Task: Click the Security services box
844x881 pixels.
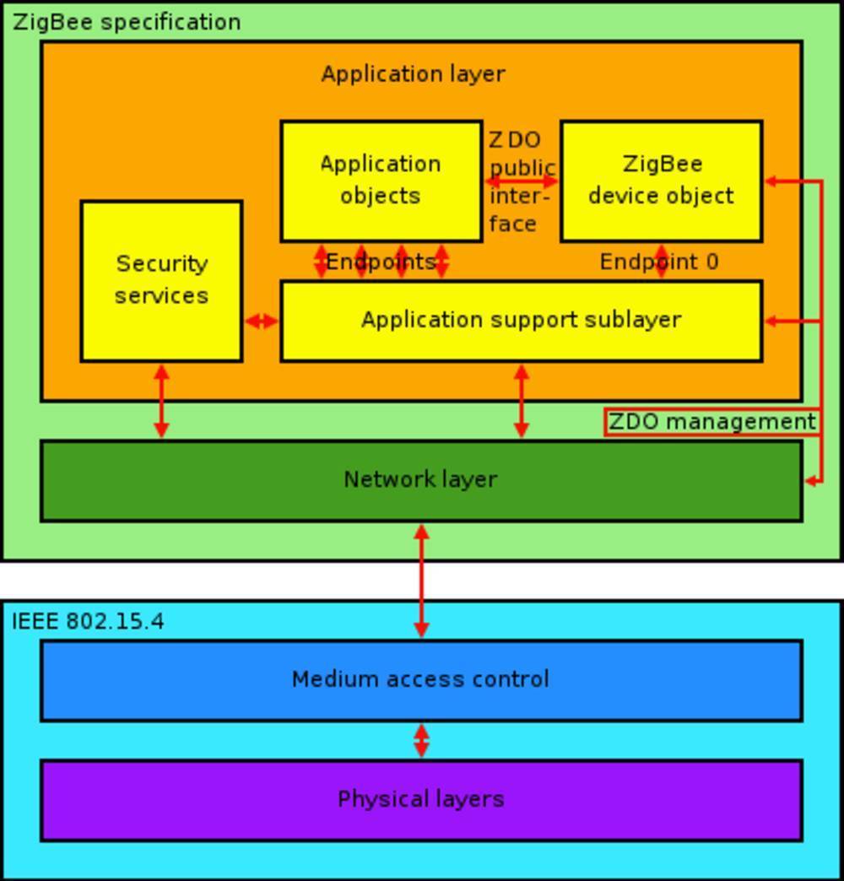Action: point(161,280)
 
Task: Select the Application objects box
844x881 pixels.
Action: point(381,181)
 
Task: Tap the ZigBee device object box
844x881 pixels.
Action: point(661,181)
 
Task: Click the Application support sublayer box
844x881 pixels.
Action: point(521,321)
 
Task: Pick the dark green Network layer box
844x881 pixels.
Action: point(420,480)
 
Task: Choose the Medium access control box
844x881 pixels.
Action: point(420,680)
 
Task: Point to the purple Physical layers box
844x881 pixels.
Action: point(420,800)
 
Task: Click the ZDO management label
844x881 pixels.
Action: point(711,422)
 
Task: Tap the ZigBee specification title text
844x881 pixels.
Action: point(127,22)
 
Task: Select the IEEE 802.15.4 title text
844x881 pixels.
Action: point(88,622)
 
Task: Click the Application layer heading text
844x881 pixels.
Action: point(413,74)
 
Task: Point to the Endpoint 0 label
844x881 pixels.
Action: point(659,262)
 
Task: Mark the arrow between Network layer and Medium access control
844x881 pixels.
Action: point(421,581)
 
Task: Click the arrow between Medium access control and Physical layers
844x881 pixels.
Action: point(421,740)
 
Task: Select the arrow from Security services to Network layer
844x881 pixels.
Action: point(161,401)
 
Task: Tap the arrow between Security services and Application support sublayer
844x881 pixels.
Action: point(261,321)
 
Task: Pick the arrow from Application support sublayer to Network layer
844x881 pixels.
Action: point(521,401)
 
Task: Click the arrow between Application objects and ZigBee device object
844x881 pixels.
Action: point(522,181)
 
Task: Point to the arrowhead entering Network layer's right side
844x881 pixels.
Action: point(811,481)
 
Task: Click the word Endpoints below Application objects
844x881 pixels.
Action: point(380,262)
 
